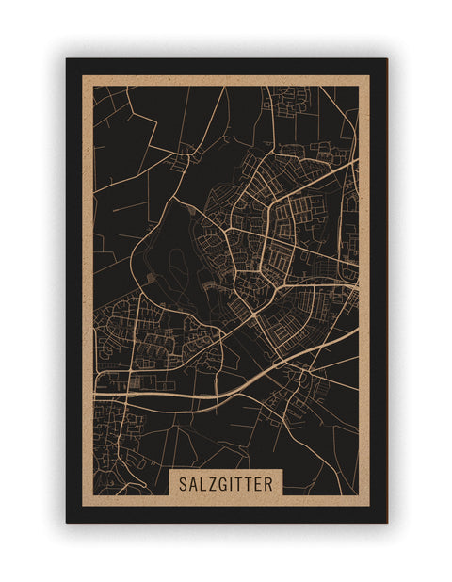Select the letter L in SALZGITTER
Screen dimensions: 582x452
[202, 483]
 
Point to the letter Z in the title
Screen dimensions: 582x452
[212, 483]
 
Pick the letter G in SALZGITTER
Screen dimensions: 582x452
[223, 483]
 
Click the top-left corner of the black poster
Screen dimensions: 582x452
[66, 59]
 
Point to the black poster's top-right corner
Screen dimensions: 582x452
[387, 59]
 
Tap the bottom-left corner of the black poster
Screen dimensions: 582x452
[66, 523]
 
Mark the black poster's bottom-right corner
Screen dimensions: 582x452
[387, 523]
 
